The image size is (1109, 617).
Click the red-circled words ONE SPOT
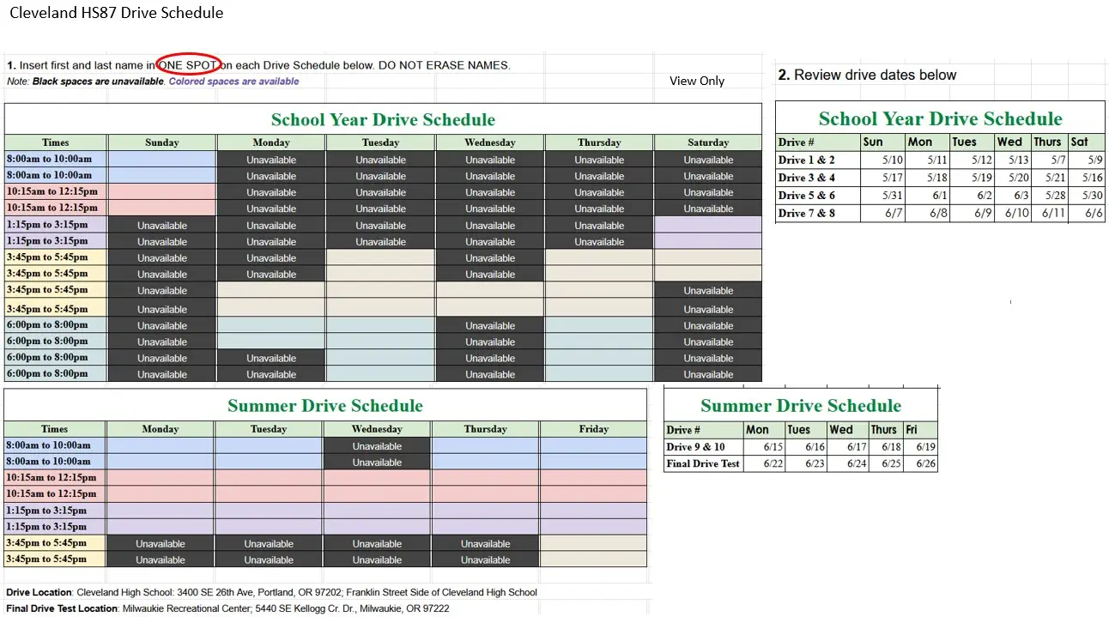(189, 65)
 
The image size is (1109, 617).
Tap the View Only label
(697, 81)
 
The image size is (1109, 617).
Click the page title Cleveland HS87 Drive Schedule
(116, 13)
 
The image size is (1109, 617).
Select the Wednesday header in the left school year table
(490, 142)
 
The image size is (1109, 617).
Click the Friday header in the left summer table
(593, 429)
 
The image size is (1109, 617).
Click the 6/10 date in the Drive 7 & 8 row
(1016, 213)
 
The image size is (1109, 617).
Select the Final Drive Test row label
(703, 463)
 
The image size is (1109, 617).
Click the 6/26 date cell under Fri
(925, 463)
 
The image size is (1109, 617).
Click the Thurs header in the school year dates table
(1047, 142)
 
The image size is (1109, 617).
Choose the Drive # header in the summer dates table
(683, 430)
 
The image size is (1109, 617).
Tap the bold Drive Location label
(39, 592)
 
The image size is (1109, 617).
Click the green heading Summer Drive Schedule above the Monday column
(324, 406)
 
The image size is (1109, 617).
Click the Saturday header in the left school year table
(708, 142)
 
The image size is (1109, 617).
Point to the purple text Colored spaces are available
(233, 82)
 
